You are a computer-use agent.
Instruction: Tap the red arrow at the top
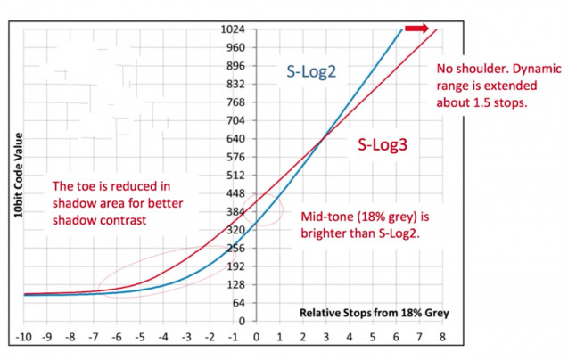click(x=416, y=29)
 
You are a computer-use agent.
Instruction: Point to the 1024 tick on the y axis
click(x=233, y=29)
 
